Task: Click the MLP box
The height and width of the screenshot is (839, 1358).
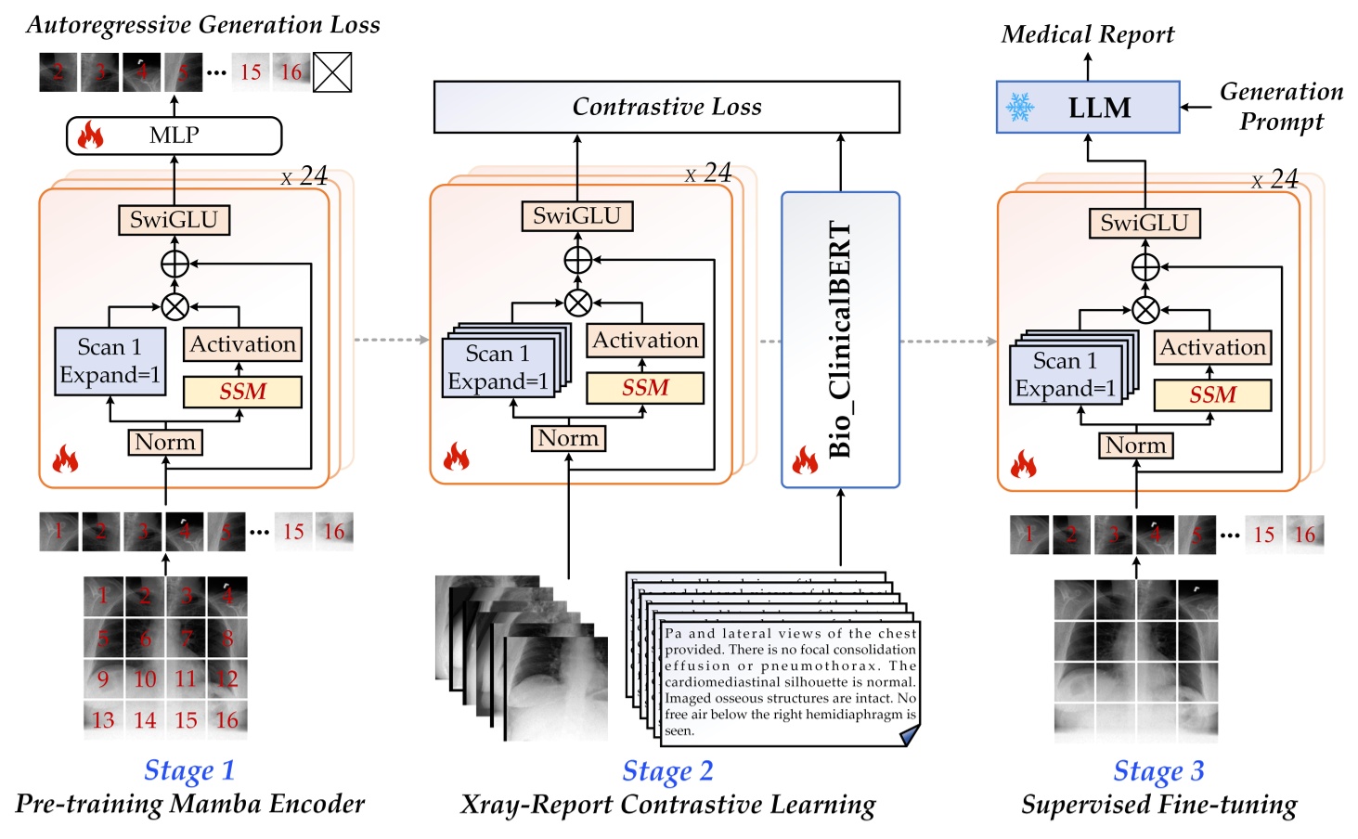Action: (x=174, y=136)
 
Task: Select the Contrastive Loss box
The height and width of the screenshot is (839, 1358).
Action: (x=666, y=107)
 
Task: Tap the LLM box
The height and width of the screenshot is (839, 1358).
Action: (x=1087, y=108)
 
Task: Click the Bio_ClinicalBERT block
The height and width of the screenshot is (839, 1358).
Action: (x=840, y=340)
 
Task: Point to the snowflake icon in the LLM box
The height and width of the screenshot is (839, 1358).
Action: (x=1020, y=108)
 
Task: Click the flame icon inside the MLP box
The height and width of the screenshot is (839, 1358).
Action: (x=90, y=136)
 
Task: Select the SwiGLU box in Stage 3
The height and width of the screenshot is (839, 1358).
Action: (x=1144, y=223)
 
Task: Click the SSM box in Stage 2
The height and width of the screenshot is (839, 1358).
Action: (x=644, y=388)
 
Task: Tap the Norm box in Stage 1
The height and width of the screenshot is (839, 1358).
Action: (x=165, y=442)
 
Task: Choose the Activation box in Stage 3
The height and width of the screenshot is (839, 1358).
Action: (x=1212, y=347)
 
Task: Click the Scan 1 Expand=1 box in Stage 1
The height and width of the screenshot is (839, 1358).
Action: (x=110, y=361)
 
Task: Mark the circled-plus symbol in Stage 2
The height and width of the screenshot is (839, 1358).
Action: (x=577, y=260)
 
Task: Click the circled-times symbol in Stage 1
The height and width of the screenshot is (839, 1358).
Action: (x=175, y=306)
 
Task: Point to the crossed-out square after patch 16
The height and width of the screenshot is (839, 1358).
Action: (x=332, y=71)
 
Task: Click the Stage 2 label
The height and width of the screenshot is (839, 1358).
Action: (x=667, y=770)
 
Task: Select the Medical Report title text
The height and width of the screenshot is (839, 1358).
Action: (x=1087, y=34)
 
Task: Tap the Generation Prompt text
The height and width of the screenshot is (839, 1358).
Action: (x=1281, y=106)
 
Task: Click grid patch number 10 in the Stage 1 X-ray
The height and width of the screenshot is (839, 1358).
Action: (x=145, y=679)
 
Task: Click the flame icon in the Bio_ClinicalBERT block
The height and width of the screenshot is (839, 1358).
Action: (x=804, y=459)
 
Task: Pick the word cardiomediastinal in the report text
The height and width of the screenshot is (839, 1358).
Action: (x=720, y=682)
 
